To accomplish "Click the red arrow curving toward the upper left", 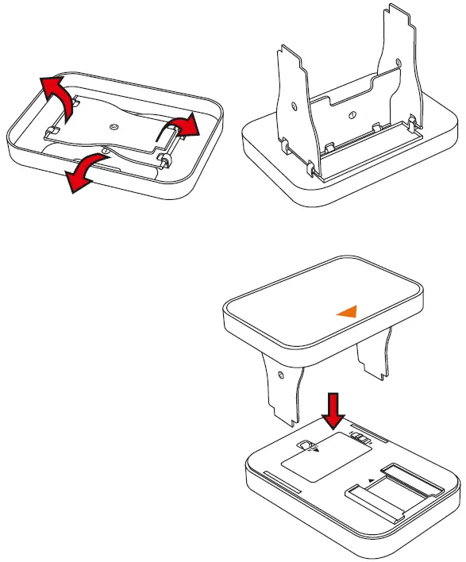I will [x=56, y=94].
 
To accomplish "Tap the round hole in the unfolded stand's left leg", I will [x=293, y=106].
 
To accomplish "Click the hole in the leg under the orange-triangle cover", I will [x=280, y=370].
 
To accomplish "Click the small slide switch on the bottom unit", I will [x=361, y=437].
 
